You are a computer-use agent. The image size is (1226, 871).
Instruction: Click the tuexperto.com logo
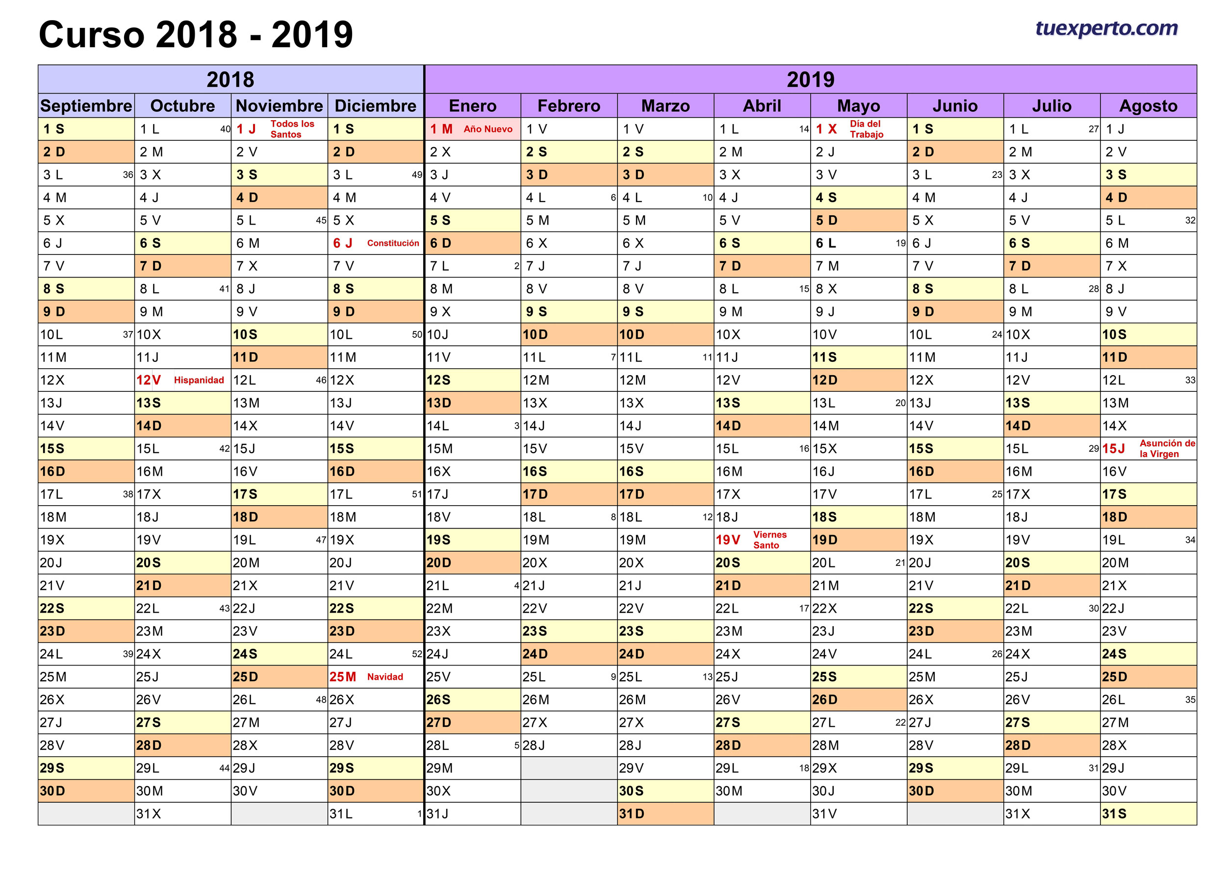1106,28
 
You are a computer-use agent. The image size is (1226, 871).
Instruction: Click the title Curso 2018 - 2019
196,35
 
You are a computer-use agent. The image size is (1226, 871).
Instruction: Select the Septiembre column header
86,105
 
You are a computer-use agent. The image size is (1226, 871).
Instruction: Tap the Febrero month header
568,105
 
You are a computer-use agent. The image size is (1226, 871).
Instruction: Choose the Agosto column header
1148,105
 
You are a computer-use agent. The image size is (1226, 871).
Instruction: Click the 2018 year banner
230,79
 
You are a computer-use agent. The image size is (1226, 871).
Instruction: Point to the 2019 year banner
810,79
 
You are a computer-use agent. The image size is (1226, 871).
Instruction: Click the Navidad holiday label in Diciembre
384,677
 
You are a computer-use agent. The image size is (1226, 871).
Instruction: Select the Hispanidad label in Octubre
199,380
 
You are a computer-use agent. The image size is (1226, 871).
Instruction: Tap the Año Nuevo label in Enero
487,129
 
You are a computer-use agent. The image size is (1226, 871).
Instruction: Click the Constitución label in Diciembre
393,243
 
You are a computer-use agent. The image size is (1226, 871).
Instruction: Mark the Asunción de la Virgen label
1167,448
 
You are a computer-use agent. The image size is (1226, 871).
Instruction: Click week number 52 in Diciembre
417,654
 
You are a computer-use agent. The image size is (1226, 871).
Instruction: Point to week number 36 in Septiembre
128,175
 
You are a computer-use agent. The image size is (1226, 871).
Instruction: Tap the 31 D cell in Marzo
665,814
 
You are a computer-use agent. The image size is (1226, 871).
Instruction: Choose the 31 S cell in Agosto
1148,814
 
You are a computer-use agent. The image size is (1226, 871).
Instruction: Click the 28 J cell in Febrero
568,745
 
